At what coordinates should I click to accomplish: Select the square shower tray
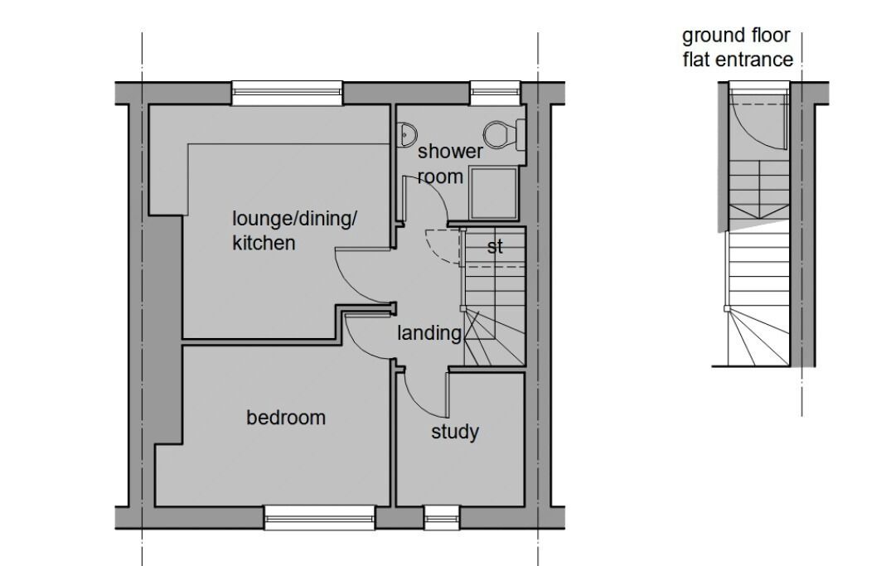494,193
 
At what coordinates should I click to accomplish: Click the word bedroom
286,418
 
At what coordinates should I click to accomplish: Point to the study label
455,432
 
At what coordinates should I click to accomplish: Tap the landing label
429,333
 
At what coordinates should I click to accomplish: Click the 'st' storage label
495,247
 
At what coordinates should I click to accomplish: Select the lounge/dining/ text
294,218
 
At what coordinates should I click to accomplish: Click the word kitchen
264,243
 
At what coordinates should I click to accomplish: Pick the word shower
450,152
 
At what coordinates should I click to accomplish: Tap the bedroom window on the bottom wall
319,517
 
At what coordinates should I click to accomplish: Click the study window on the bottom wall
442,517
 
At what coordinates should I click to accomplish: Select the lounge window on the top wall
287,93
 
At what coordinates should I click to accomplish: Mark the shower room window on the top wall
495,93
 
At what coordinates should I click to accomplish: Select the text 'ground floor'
736,36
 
